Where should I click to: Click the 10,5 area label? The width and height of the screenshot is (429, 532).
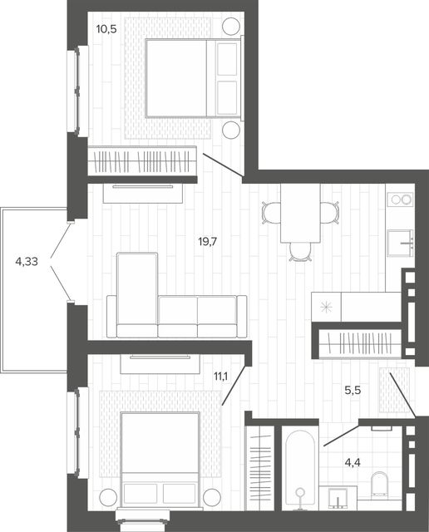coord(106,29)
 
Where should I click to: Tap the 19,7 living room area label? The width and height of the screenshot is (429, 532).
coord(207,242)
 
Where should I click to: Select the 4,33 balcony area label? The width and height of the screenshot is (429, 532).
coord(27,262)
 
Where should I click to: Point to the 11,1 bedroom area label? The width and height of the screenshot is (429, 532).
coord(220,376)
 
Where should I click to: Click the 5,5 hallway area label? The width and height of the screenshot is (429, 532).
coord(353,391)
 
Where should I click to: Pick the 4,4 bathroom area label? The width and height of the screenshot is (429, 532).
coord(353,462)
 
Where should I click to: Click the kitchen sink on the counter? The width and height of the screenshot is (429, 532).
coord(401,243)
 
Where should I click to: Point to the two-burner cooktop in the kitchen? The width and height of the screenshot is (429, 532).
coord(401,199)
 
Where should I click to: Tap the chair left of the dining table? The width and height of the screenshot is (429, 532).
coord(271,213)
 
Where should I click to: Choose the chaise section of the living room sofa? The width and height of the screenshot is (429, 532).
coord(137,294)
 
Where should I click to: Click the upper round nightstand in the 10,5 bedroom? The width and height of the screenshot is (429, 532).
coord(231,26)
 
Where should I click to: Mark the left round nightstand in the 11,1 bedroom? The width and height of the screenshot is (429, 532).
coord(108,498)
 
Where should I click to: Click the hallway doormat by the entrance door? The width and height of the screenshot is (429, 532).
coord(394,390)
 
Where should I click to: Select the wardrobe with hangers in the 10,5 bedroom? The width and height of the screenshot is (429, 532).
coord(142,160)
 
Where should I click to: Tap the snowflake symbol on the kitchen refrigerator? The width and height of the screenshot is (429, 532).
coord(326,307)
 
